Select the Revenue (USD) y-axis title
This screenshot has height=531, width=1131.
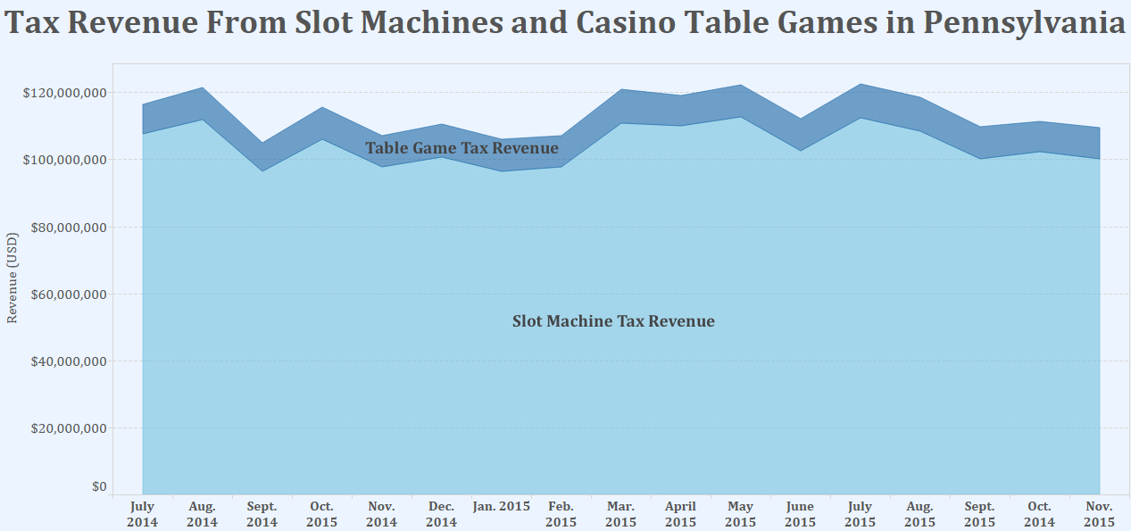click(12, 278)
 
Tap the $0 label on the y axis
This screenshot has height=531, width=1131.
click(99, 487)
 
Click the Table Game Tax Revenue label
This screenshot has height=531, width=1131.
click(462, 148)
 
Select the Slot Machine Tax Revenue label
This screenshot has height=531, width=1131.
click(613, 321)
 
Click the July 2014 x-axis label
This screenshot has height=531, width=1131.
click(142, 514)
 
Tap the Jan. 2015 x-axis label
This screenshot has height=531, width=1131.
click(501, 507)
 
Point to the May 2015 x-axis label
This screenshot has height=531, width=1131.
click(740, 514)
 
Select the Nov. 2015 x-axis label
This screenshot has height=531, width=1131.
click(1099, 514)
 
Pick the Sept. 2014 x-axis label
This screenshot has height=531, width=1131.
click(262, 514)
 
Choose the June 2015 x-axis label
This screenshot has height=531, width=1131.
click(800, 514)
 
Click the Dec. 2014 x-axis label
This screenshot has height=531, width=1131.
click(441, 514)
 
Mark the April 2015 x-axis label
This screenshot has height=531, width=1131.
click(680, 514)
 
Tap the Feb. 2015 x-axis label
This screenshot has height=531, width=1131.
click(561, 514)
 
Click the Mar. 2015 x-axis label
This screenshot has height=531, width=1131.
click(620, 514)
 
